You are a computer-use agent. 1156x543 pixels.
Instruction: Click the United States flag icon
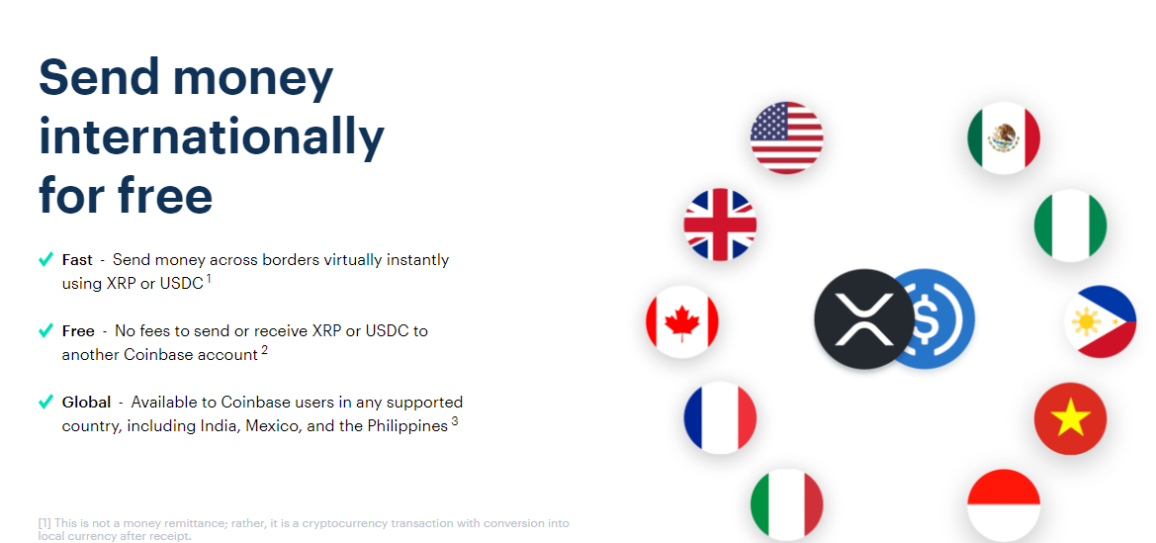(786, 137)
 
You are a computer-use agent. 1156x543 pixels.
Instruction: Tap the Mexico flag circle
(1004, 137)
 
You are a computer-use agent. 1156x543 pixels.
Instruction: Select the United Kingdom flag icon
(720, 225)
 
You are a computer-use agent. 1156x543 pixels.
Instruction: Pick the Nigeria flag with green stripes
(1071, 226)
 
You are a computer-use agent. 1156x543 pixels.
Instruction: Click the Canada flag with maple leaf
(682, 321)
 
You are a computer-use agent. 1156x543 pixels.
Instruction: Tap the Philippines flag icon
(1100, 321)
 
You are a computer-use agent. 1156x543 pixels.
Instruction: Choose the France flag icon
(720, 418)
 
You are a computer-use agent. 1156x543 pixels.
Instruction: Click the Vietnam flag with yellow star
(1071, 418)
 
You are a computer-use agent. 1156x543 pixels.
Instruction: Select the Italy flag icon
(786, 505)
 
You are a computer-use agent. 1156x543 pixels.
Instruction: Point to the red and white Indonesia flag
(1004, 505)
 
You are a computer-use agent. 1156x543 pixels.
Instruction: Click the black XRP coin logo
(863, 318)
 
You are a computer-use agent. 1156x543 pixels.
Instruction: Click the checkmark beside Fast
(45, 260)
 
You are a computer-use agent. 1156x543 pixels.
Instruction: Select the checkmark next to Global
(45, 403)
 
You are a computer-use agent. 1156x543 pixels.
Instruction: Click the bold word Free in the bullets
(78, 331)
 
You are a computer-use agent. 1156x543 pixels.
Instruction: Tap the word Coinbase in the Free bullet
(158, 355)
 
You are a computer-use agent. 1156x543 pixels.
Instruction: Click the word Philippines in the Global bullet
(407, 426)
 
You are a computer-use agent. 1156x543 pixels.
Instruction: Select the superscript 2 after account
(265, 350)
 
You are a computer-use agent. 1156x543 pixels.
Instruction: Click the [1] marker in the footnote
(44, 523)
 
